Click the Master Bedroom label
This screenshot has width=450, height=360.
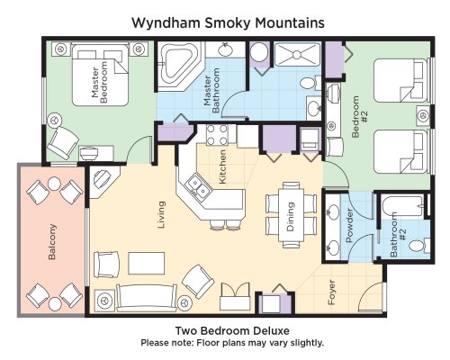(100, 83)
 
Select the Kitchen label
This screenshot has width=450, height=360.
(222, 166)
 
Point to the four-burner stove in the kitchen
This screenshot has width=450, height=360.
(217, 135)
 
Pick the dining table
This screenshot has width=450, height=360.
(291, 215)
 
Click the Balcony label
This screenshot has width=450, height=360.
(52, 241)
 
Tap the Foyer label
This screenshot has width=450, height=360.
(331, 292)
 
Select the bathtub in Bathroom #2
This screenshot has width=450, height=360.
(403, 207)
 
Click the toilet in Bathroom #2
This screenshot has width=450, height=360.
(419, 246)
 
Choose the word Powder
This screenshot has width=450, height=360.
(349, 226)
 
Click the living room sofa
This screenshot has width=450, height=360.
(147, 298)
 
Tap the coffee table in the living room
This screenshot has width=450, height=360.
(147, 264)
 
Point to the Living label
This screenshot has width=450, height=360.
(161, 215)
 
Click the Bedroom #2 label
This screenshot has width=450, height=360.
(359, 116)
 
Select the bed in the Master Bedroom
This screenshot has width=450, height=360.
(100, 75)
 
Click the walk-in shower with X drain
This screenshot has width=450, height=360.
(297, 55)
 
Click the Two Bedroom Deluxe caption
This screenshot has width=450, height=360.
(232, 331)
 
